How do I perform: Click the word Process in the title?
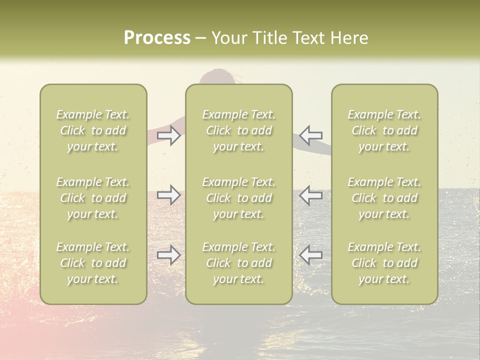tap(157, 38)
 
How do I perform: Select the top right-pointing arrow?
tap(168, 135)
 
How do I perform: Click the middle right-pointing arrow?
tap(168, 195)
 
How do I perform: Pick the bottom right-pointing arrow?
tap(168, 255)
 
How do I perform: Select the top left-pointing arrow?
tap(311, 135)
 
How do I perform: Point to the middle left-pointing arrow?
tap(311, 195)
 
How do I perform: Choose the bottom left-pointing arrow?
tap(311, 255)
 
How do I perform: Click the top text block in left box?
tap(93, 130)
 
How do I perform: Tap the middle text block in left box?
tap(93, 198)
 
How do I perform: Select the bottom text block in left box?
tap(93, 263)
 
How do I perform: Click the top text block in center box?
tap(238, 130)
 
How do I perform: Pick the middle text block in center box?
tap(238, 198)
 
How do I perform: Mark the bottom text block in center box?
tap(238, 263)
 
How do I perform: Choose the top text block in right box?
tap(384, 130)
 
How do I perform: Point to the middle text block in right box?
tap(384, 198)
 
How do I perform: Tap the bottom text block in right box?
tap(384, 263)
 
